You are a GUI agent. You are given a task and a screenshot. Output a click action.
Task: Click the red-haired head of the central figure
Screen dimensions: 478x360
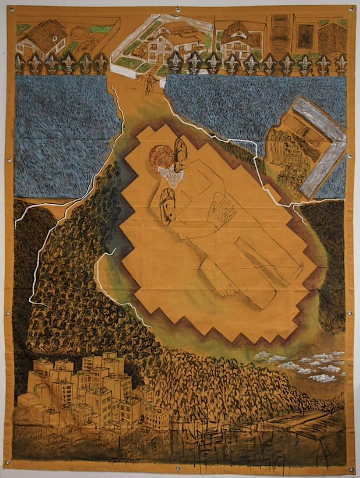[161, 157]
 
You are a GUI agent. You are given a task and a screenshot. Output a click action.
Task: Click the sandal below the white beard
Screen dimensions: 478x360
[168, 206]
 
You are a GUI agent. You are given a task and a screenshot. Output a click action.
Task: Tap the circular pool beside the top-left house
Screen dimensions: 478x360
[79, 33]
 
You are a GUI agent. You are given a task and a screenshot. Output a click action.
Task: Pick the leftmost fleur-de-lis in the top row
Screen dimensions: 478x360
[19, 64]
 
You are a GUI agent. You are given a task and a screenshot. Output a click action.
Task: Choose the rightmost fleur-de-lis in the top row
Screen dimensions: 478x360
[341, 64]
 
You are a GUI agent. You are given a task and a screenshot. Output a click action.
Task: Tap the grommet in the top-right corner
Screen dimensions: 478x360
[351, 9]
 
